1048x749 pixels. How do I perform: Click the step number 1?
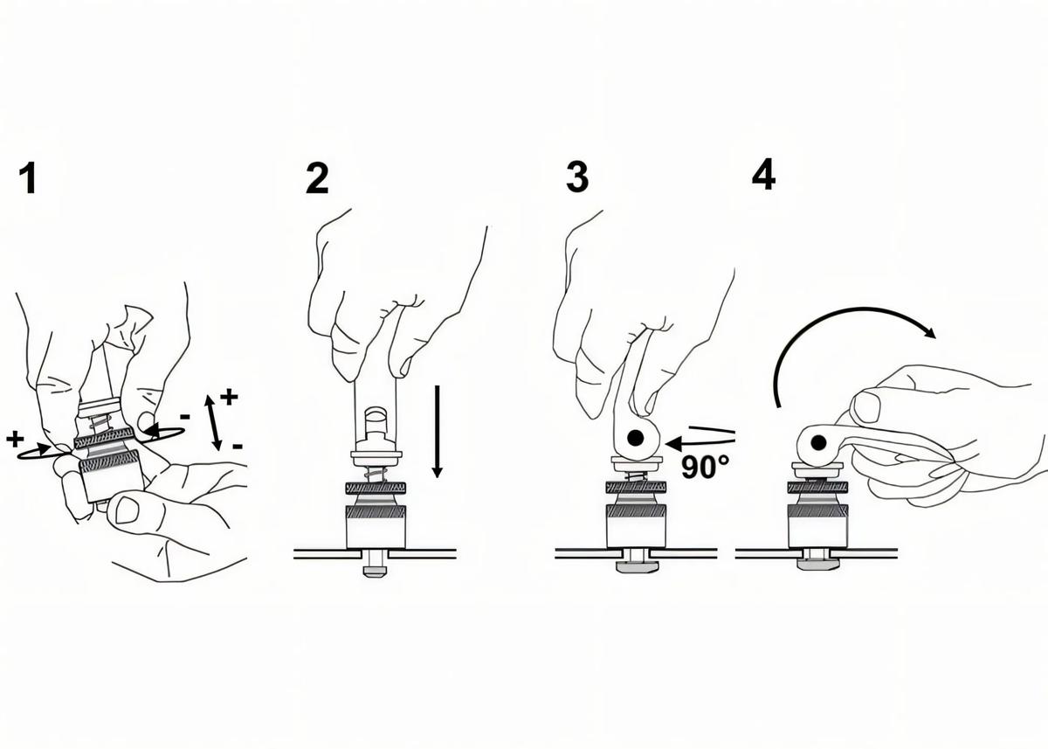29,178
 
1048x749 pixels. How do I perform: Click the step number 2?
317,178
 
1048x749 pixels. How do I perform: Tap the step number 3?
577,177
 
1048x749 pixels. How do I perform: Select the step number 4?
763,174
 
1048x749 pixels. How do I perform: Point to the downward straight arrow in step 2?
437,431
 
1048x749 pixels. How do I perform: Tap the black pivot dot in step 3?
636,438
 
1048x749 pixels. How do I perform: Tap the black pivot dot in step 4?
818,442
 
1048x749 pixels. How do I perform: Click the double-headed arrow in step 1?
213,423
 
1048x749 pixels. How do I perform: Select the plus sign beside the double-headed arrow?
229,397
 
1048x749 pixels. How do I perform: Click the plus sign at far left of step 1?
15,439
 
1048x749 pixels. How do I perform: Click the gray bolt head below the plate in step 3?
637,567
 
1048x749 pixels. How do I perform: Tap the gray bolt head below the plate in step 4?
817,564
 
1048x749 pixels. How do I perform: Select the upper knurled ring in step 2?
376,488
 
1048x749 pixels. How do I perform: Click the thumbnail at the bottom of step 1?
128,510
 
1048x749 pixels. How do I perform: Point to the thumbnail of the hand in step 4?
867,406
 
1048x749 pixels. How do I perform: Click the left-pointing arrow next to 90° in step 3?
700,443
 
